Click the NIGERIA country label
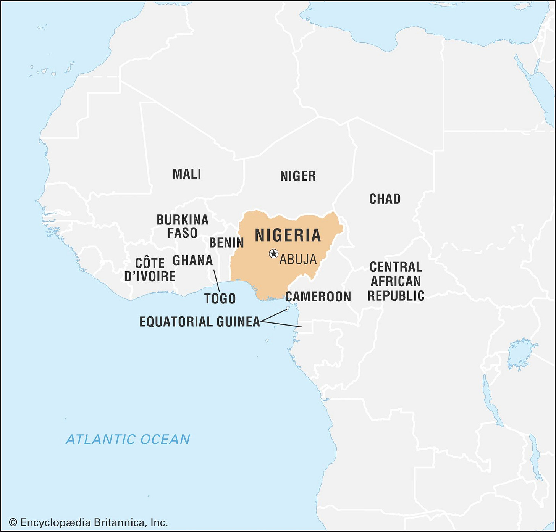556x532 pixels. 288,235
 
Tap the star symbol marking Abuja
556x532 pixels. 273,253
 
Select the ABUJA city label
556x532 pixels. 298,260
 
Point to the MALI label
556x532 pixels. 187,174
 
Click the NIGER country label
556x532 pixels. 298,176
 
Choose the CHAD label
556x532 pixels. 385,199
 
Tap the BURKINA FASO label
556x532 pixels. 183,226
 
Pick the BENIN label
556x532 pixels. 226,243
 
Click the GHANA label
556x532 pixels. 193,261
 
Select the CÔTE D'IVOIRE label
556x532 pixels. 150,270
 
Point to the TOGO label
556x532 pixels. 220,298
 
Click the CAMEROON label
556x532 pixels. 318,297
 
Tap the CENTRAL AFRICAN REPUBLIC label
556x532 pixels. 396,281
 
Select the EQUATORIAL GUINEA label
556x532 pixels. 200,322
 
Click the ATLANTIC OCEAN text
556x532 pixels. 128,439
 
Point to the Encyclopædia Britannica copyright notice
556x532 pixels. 88,522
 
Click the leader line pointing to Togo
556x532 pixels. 217,281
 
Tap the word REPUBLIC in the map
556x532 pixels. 396,296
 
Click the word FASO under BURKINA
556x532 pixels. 183,233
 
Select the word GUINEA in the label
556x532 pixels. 238,322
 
